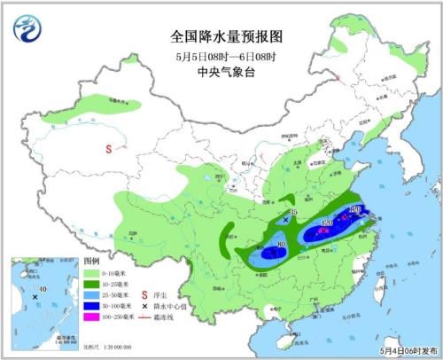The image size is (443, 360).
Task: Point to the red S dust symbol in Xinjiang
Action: pyautogui.click(x=111, y=149)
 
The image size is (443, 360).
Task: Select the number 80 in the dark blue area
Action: pyautogui.click(x=282, y=244)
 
